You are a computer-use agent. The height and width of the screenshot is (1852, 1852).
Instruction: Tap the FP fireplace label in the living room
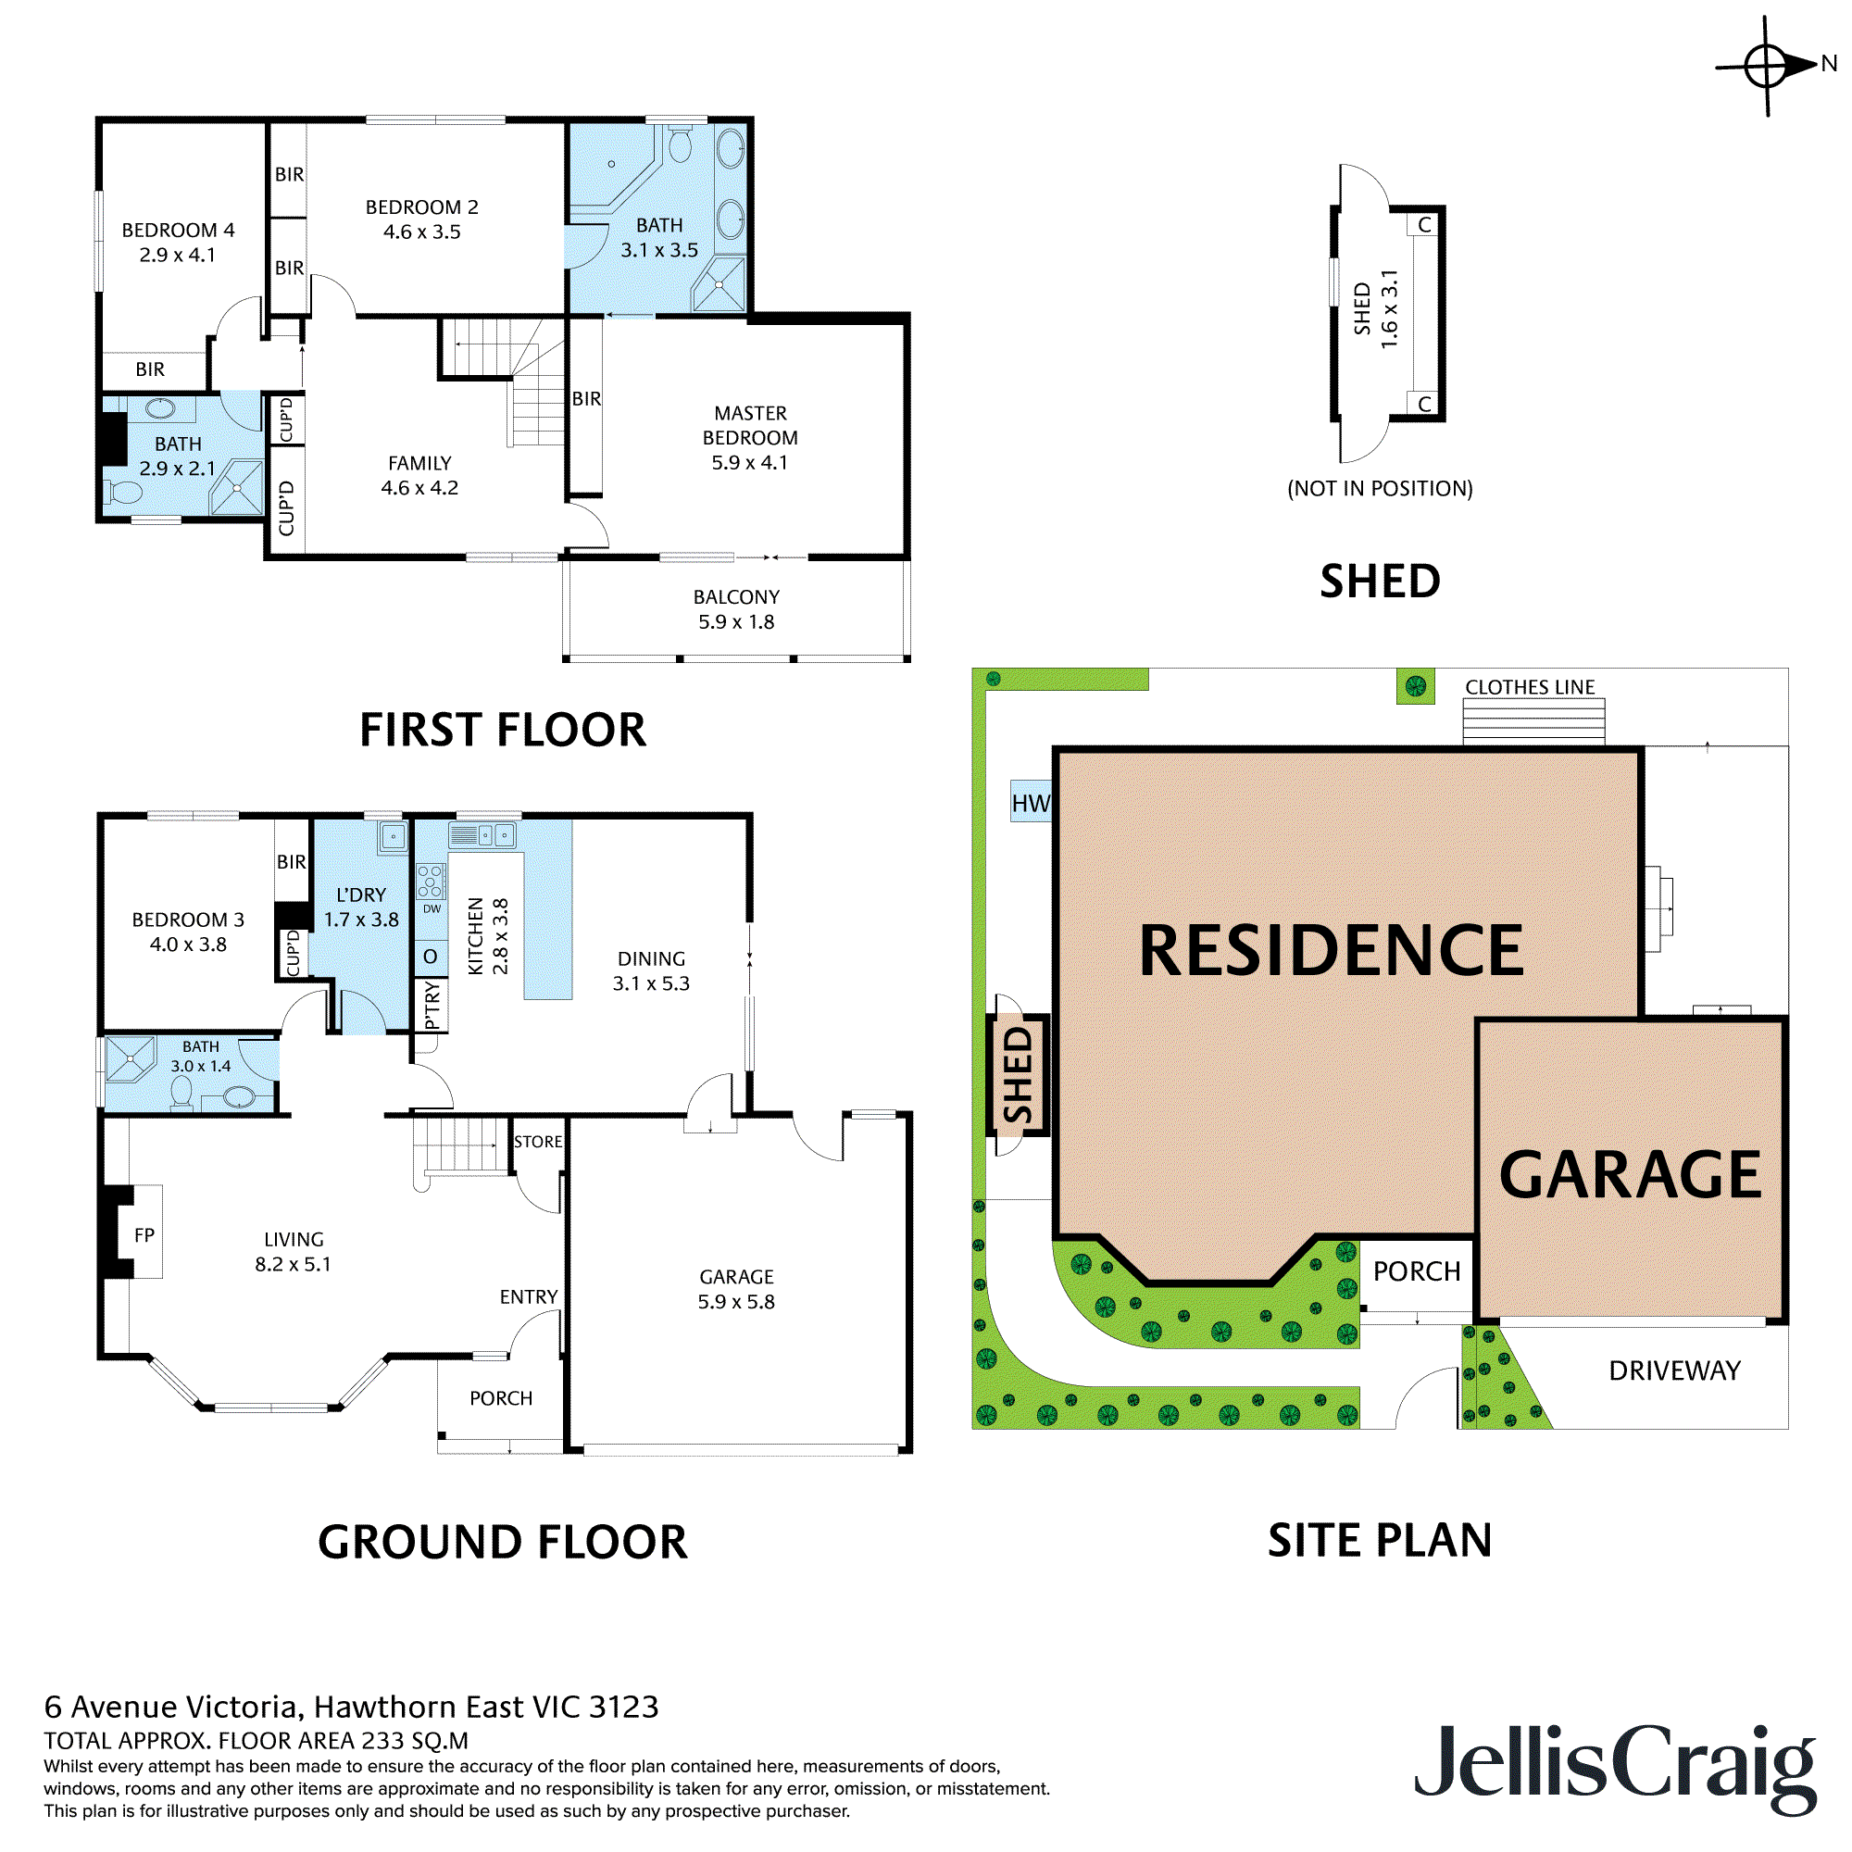click(x=144, y=1235)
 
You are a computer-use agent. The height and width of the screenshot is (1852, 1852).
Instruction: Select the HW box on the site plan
click(x=1031, y=802)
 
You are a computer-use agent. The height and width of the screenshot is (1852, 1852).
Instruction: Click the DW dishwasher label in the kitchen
click(x=432, y=908)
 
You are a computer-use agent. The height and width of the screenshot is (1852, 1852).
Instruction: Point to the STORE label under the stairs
click(x=538, y=1142)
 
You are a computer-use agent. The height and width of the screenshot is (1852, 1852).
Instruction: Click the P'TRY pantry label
click(x=432, y=1005)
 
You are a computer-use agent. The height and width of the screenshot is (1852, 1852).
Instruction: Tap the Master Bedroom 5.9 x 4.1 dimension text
click(x=750, y=462)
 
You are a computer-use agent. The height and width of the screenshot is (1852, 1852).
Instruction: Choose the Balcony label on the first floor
click(x=736, y=597)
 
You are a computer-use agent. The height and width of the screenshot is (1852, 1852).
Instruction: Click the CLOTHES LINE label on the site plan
click(x=1530, y=687)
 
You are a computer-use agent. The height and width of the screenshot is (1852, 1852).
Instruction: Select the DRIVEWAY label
click(x=1673, y=1370)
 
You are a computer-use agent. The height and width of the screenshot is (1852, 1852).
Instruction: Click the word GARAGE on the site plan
click(x=1630, y=1174)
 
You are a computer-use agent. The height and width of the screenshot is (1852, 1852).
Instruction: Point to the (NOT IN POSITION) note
click(x=1380, y=489)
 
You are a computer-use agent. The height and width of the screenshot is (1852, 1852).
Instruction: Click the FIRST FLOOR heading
click(x=502, y=730)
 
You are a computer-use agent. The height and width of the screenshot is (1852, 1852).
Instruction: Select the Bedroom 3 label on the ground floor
click(x=188, y=920)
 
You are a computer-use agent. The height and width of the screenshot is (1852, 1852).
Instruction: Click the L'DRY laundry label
click(x=361, y=895)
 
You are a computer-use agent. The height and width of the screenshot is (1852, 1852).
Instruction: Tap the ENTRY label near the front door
click(x=528, y=1297)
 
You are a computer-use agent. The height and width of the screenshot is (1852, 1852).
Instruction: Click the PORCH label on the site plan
click(x=1417, y=1271)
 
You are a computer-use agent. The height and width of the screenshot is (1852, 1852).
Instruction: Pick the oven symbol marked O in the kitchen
click(x=431, y=957)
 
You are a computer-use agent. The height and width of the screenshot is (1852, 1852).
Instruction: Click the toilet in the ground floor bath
click(x=181, y=1092)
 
